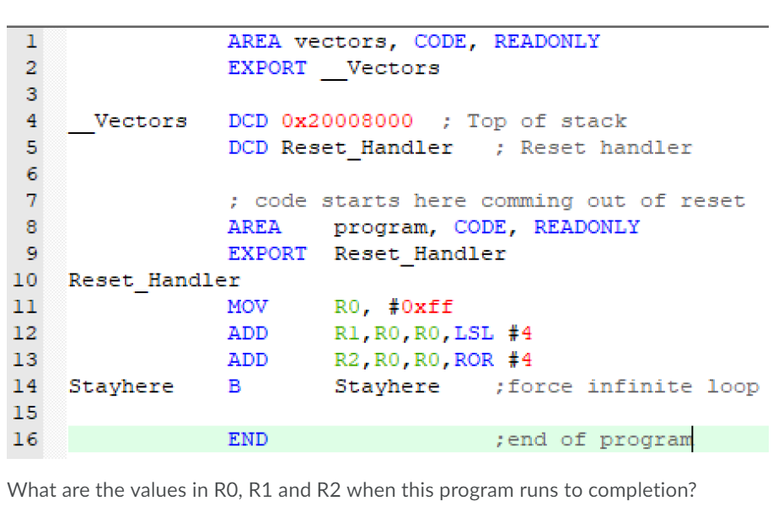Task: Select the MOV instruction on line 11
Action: (x=247, y=306)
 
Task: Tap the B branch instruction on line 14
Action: (x=234, y=386)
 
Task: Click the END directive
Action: (x=248, y=440)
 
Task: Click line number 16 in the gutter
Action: (x=26, y=440)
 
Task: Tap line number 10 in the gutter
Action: (x=26, y=280)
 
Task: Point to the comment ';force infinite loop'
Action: (x=627, y=386)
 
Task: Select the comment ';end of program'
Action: (x=593, y=440)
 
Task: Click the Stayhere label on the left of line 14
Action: (x=121, y=386)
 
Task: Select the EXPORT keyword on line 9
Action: (x=267, y=253)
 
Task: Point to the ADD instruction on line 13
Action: (x=247, y=360)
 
